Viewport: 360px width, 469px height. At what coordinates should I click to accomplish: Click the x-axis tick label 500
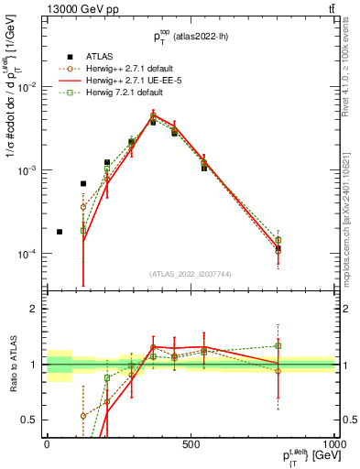[x=191, y=443]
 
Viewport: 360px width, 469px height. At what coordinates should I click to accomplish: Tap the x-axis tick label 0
[x=47, y=443]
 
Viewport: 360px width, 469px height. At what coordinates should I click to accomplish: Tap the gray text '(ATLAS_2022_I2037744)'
[x=191, y=274]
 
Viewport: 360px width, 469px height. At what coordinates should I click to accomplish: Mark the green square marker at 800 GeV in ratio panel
[x=278, y=346]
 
